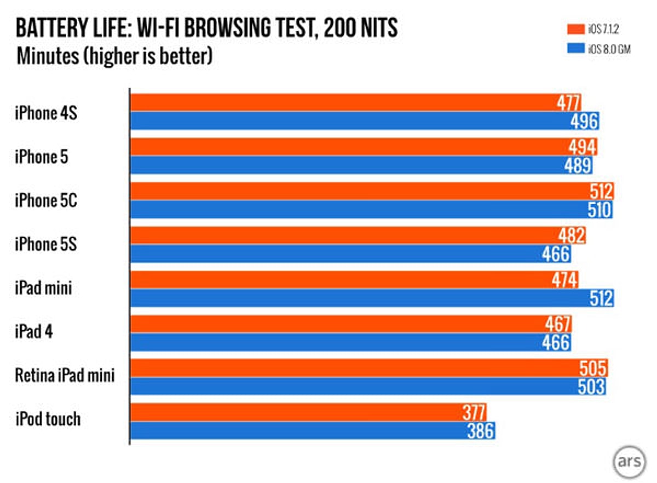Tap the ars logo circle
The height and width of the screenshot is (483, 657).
626,461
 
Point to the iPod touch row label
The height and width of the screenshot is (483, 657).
48,419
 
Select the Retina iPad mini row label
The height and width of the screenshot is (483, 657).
65,376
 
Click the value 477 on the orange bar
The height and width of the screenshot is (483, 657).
568,103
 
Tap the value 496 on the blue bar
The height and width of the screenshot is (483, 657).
585,121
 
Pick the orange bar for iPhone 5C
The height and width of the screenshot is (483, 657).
372,192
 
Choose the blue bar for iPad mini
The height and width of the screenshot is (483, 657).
372,298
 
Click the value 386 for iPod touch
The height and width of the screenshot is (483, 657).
481,431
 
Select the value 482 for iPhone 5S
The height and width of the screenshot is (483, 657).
573,235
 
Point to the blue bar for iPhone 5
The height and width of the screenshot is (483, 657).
361,165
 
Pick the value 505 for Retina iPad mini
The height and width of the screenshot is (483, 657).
593,369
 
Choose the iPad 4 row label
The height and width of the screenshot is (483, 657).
34,332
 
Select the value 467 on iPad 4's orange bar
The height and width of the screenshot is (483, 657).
558,324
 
